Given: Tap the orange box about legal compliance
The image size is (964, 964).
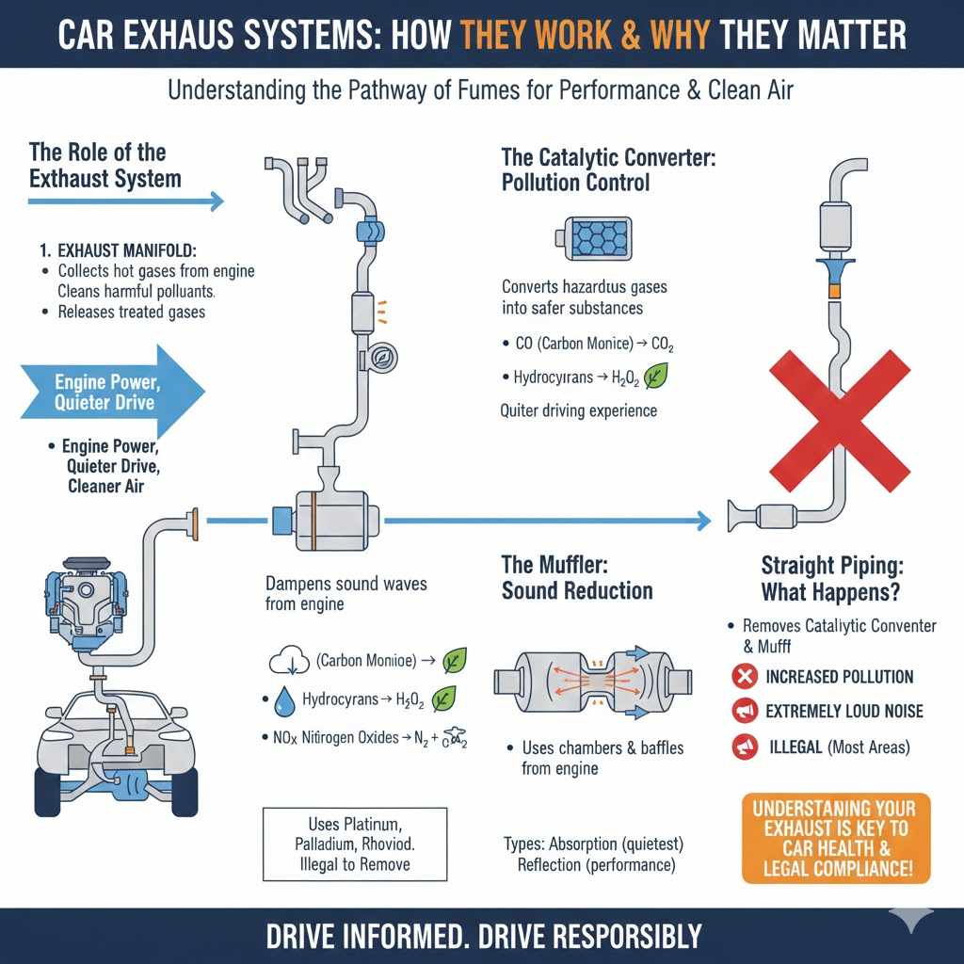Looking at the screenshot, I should [835, 838].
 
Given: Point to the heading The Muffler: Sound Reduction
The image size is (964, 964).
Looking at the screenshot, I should [576, 578].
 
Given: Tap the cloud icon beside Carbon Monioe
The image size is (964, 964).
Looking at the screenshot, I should [285, 662].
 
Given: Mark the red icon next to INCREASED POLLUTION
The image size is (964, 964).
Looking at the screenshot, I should [745, 676].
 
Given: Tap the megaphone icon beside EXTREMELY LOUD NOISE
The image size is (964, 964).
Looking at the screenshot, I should [745, 712].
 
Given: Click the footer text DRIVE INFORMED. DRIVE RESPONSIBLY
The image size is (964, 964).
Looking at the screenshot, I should [483, 936].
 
